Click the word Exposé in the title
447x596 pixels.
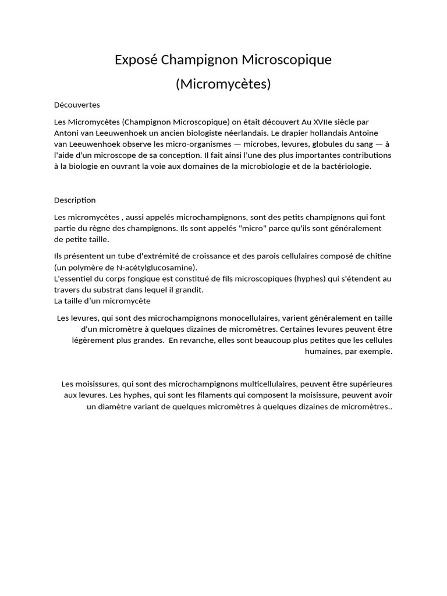135,60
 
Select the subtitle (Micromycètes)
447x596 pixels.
223,84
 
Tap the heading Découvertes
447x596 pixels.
77,105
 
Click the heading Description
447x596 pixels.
75,200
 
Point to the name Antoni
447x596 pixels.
68,133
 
